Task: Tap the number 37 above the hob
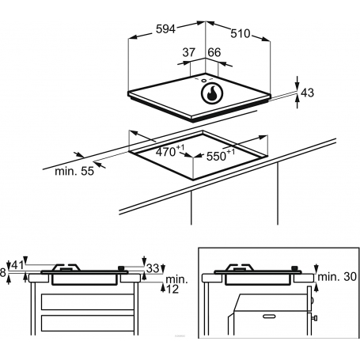click(188, 52)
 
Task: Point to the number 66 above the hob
click(214, 52)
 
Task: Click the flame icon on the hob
click(212, 94)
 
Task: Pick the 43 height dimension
click(308, 93)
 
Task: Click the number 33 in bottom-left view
click(153, 268)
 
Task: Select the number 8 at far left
click(4, 272)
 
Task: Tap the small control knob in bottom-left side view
click(121, 268)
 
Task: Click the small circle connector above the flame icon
click(203, 79)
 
